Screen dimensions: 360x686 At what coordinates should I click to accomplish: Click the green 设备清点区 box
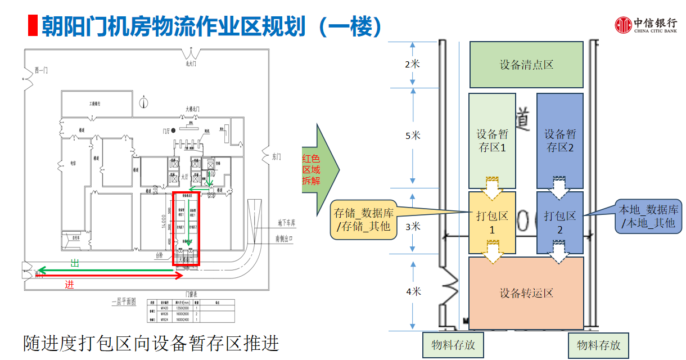point(526,65)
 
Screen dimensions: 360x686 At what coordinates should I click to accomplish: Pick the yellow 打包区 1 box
point(491,222)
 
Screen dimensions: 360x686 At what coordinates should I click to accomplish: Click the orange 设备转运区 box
point(526,293)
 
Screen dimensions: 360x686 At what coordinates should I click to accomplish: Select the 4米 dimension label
point(413,291)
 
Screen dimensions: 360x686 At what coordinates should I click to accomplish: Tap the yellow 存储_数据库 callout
point(363,219)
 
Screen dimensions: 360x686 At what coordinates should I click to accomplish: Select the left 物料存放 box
point(453,345)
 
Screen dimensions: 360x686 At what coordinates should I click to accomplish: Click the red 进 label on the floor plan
point(69,285)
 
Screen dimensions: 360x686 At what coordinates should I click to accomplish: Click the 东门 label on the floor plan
point(276,156)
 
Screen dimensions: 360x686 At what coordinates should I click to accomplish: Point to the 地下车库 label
point(286,223)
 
